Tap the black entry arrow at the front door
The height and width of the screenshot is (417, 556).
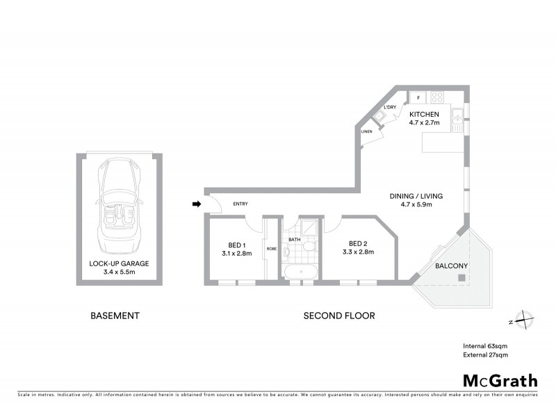197,204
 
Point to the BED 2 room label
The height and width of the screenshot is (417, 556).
358,243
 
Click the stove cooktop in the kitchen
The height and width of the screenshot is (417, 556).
438,98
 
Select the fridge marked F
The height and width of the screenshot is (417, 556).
418,98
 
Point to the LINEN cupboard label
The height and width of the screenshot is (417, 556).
366,131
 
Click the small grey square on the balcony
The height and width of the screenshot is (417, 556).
461,277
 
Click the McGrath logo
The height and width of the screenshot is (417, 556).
500,380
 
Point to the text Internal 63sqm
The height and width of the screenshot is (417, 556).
485,345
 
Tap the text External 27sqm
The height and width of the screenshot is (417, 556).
485,355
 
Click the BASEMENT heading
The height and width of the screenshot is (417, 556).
115,316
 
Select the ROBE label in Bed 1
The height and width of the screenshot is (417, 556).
272,248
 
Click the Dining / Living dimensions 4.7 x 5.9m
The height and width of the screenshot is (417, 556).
417,205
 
